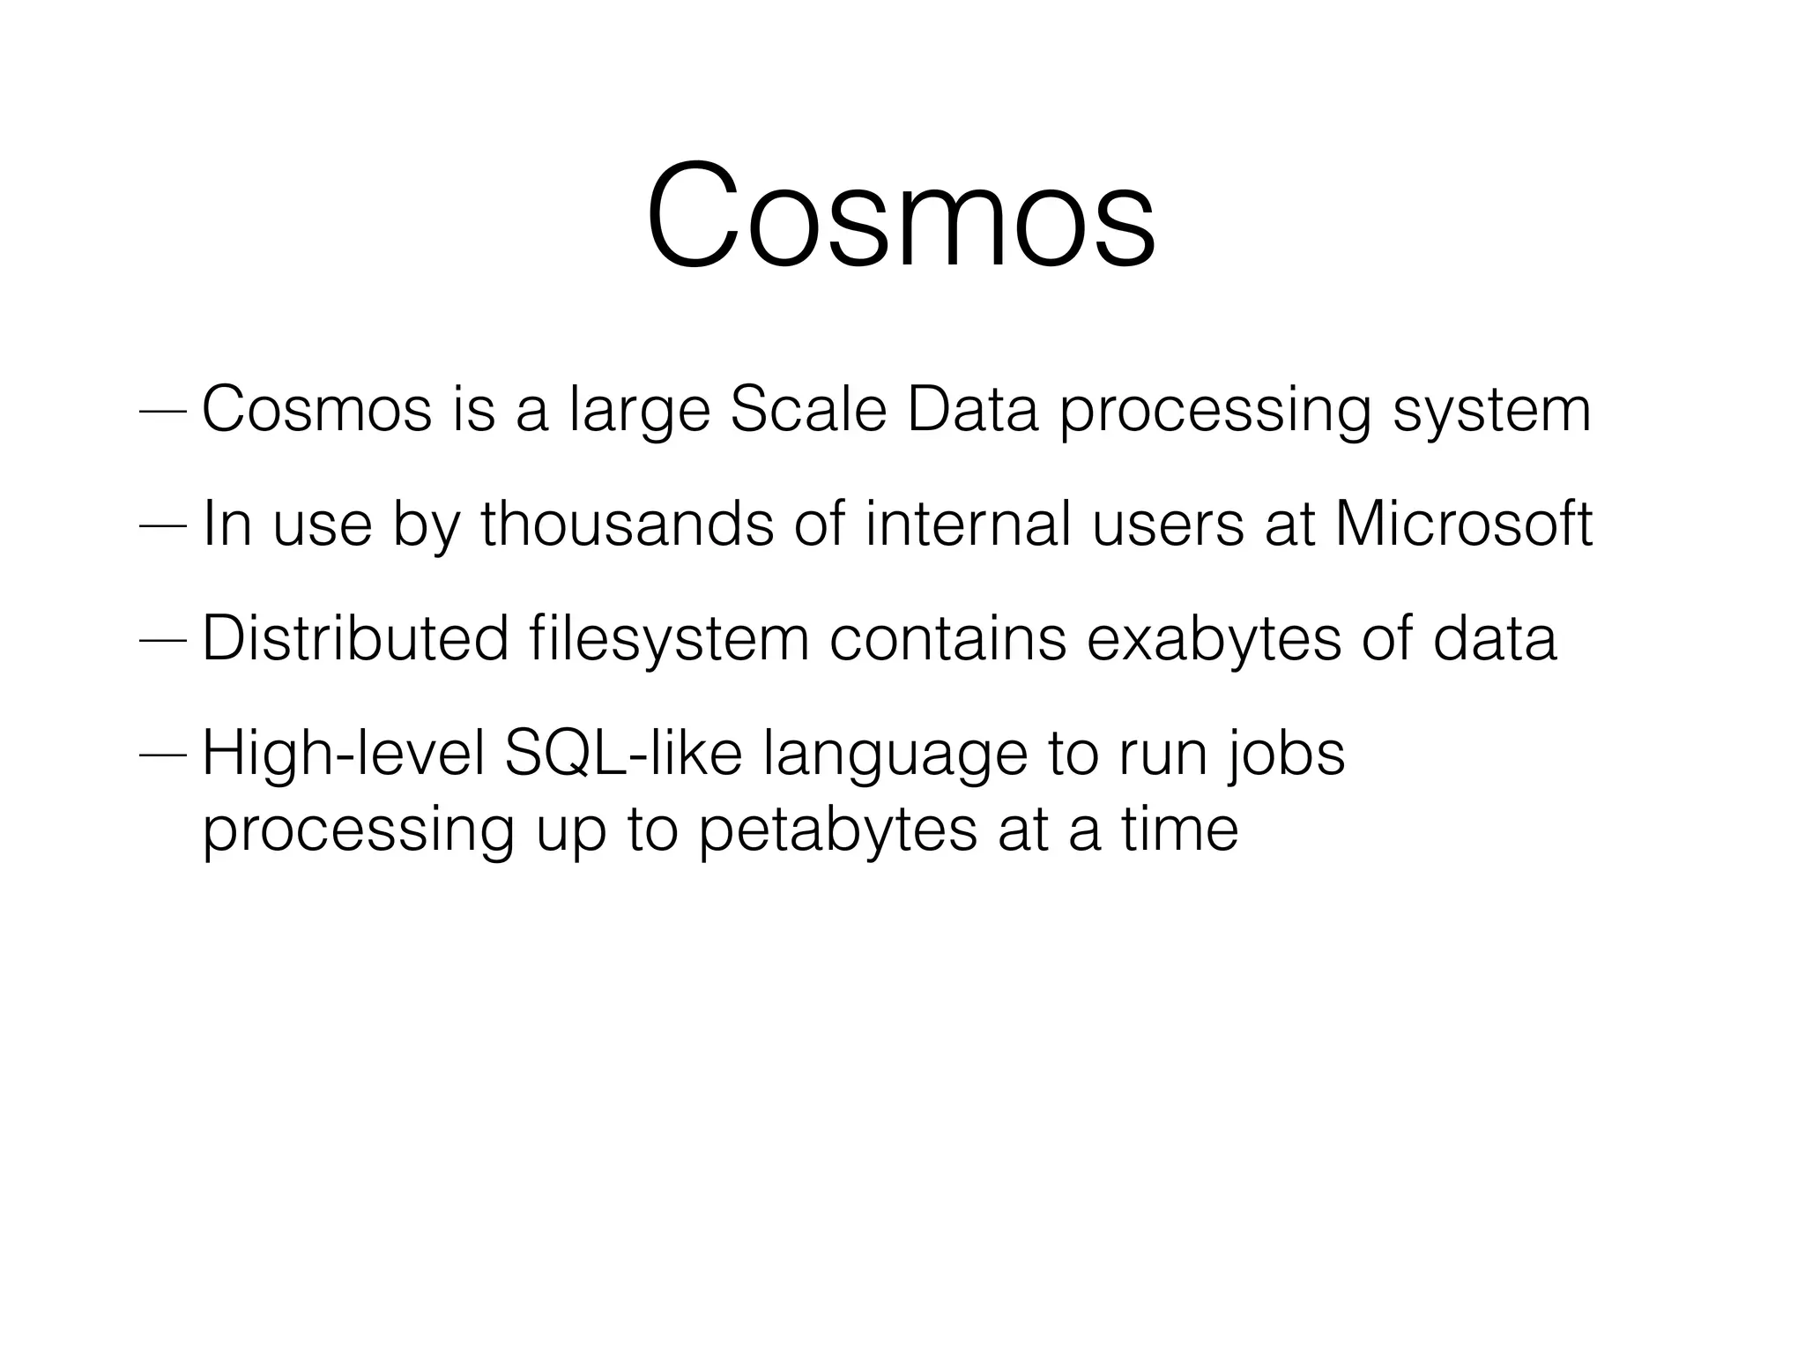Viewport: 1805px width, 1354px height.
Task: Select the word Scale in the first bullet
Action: [807, 410]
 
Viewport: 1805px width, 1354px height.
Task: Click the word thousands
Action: [627, 524]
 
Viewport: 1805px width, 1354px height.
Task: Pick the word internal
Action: [968, 524]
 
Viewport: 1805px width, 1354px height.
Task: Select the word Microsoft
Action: [1463, 524]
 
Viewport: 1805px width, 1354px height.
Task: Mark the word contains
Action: [947, 638]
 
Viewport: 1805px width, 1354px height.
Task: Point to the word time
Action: [1180, 830]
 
